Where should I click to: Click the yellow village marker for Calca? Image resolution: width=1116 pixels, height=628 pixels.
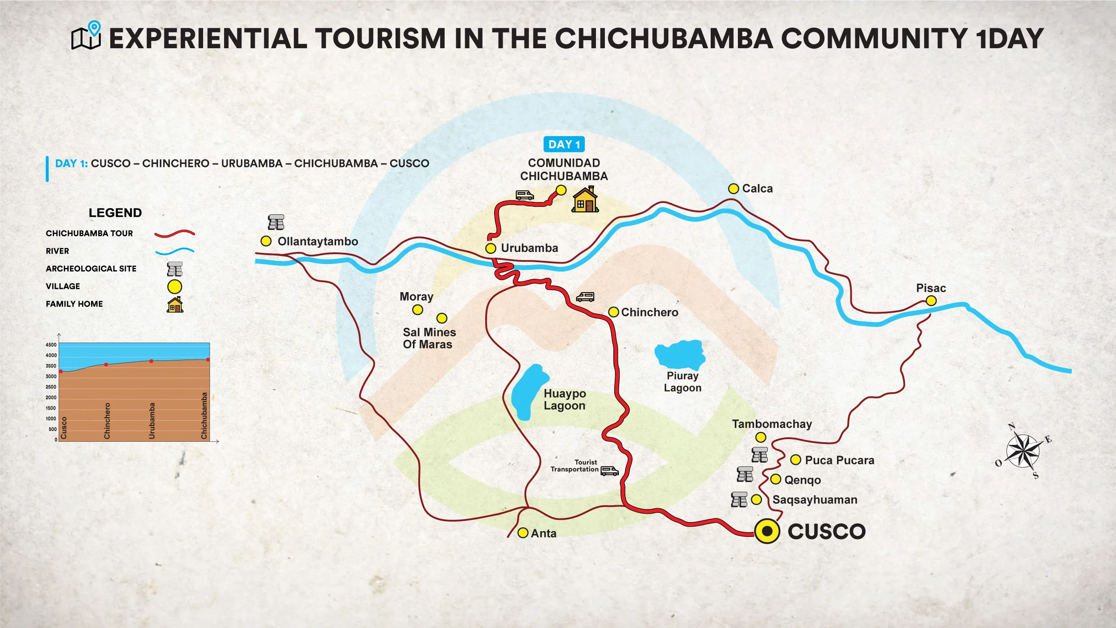[733, 188]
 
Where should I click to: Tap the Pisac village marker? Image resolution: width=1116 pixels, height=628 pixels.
[931, 301]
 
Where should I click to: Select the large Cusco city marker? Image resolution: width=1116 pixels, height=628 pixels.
[767, 531]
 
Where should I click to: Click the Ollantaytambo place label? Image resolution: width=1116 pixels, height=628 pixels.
[317, 242]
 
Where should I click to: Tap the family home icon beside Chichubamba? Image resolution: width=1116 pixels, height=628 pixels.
[585, 200]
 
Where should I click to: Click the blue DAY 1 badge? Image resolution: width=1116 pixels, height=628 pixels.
[564, 144]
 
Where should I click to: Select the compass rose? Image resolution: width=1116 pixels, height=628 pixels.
[1023, 451]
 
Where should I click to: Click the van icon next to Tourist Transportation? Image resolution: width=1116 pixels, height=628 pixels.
[609, 471]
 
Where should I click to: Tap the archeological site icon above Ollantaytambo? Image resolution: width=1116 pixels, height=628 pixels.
[276, 222]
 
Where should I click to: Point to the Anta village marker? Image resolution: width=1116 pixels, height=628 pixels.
[523, 533]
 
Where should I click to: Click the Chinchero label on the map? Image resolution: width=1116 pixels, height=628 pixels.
[649, 312]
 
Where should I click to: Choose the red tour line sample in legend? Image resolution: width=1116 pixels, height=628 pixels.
[175, 233]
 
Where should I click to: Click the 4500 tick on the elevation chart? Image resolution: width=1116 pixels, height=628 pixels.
[51, 345]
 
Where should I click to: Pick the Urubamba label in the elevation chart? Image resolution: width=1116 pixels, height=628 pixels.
[152, 420]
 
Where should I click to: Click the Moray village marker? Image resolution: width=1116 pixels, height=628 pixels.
[417, 310]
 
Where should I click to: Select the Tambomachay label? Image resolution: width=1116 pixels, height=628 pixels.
[771, 424]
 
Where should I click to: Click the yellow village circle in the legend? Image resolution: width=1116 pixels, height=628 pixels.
[175, 286]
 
